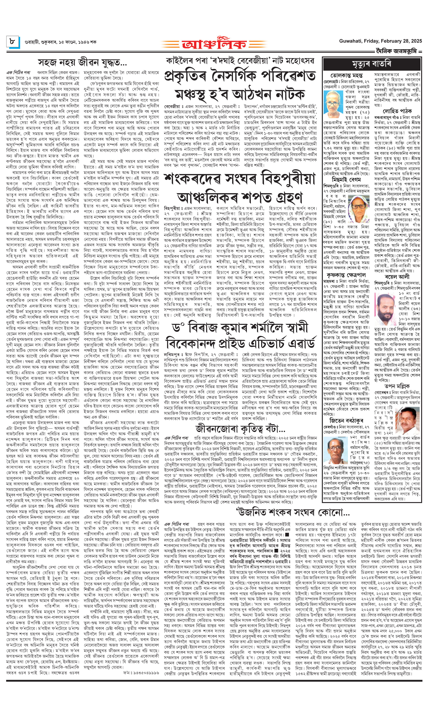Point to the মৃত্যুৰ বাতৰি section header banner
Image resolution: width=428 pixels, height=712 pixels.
(x=372, y=64)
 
